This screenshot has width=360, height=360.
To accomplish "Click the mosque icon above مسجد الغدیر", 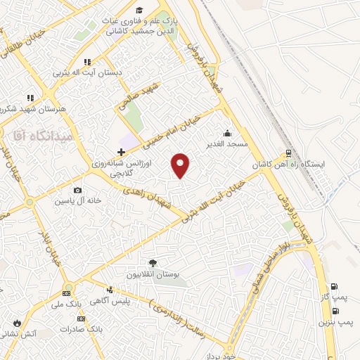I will pyautogui.click(x=227, y=133).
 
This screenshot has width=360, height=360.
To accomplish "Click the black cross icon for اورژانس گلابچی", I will pyautogui.click(x=121, y=152).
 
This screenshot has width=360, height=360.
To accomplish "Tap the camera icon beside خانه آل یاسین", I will pyautogui.click(x=77, y=190).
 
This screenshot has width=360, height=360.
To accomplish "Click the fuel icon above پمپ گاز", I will pyautogui.click(x=333, y=286).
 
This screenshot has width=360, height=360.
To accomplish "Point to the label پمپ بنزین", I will pyautogui.click(x=335, y=321).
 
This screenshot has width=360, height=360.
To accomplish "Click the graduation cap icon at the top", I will pyautogui.click(x=140, y=10).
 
